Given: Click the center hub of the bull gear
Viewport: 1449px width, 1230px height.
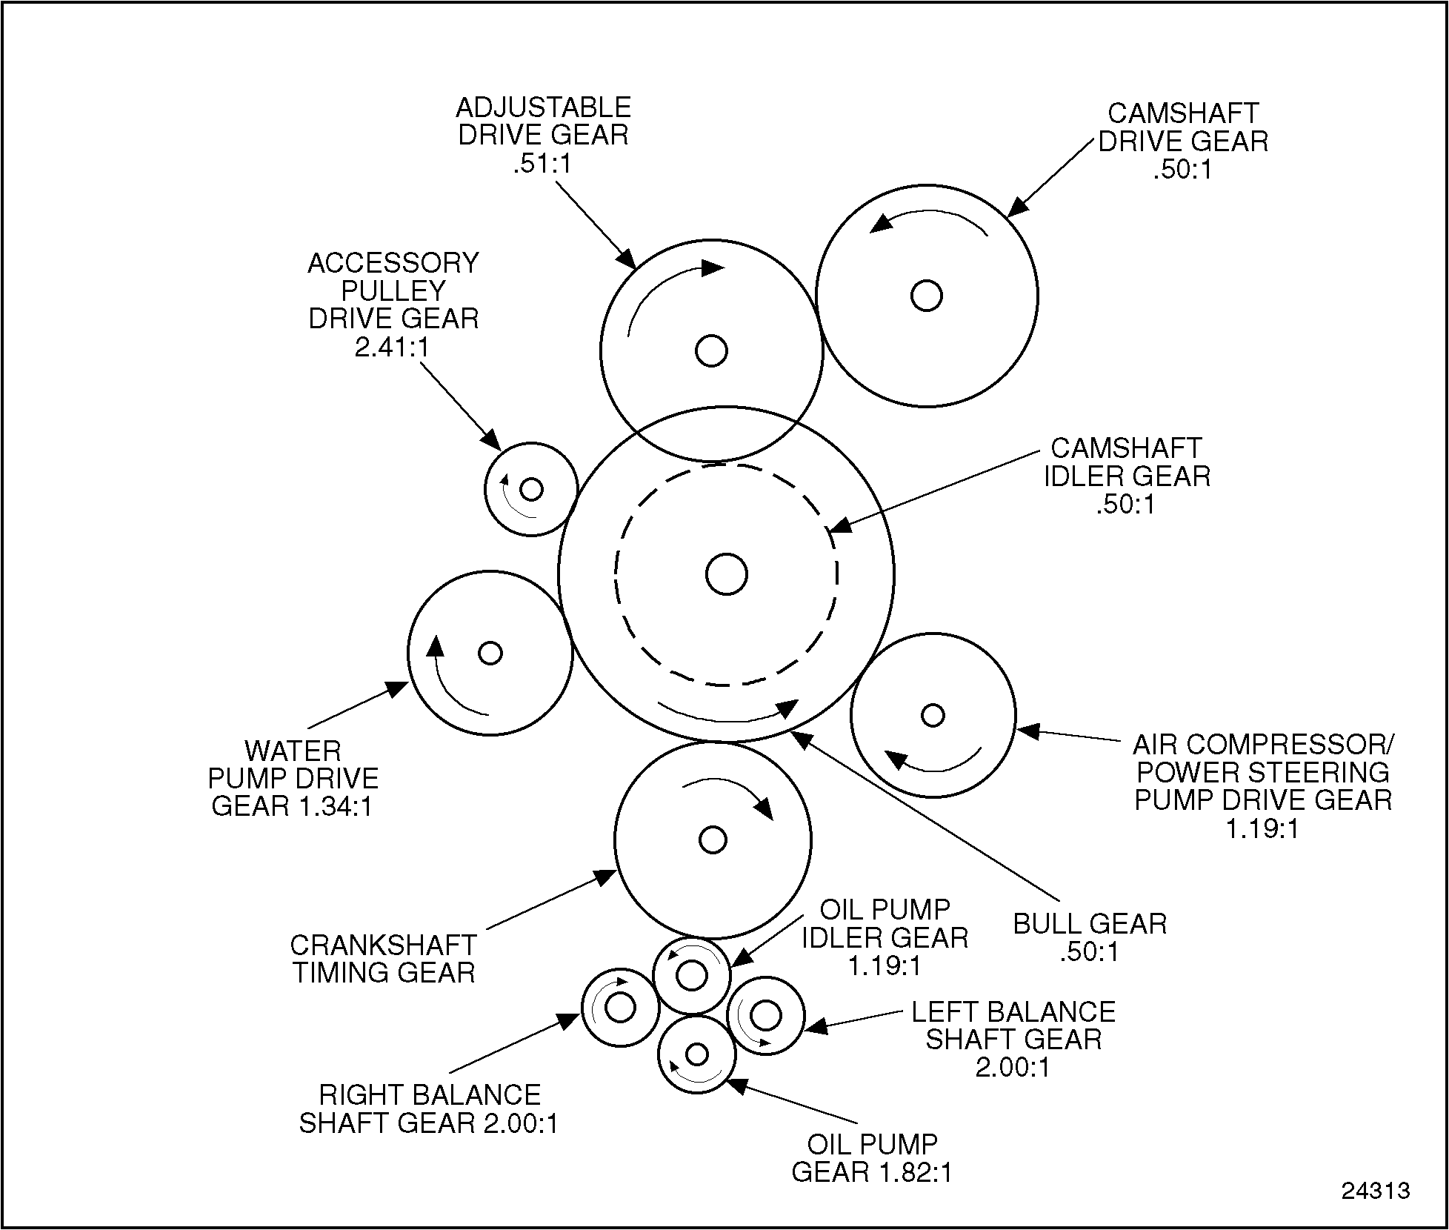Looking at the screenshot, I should coord(726,574).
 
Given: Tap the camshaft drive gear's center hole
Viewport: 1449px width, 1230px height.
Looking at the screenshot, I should coord(926,296).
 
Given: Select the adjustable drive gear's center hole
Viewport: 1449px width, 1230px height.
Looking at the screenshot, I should coord(711,350).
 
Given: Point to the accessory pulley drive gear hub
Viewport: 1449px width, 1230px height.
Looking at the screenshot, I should coord(531,489).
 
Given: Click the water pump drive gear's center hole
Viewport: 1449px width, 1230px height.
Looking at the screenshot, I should coord(490,653).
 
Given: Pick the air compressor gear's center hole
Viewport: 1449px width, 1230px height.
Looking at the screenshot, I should coord(933,715).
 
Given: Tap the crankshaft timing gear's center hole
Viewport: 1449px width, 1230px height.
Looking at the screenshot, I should coord(713,840).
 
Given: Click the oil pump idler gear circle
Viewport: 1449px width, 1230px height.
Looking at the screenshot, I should coord(692,976).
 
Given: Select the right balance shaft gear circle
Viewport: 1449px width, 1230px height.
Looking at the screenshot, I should coord(620,1008).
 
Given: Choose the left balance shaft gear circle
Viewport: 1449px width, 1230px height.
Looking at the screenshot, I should coord(765,1015).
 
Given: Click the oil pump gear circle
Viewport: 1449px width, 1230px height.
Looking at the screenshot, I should coord(696,1053).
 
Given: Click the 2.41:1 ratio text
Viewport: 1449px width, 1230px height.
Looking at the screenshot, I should coord(392,347).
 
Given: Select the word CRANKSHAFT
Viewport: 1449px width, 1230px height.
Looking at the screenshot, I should coord(383,945).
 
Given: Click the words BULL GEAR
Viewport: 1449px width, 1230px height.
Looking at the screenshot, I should coord(1090,924).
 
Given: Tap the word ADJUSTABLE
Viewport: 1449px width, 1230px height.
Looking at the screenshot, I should coord(543,108).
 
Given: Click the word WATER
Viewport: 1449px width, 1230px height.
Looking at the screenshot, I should coord(293,751).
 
